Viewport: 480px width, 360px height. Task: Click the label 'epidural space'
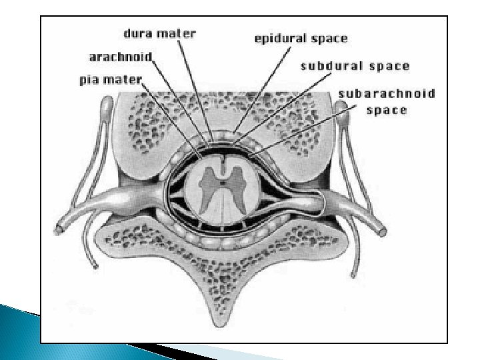[301, 39]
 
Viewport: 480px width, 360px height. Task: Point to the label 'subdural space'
[355, 67]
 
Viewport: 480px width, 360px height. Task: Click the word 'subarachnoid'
[387, 94]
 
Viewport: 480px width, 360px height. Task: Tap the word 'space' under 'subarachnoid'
[387, 110]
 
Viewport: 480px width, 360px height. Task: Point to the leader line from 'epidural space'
[260, 87]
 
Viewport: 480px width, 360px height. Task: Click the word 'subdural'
[331, 67]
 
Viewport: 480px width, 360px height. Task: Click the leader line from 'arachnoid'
[180, 100]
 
